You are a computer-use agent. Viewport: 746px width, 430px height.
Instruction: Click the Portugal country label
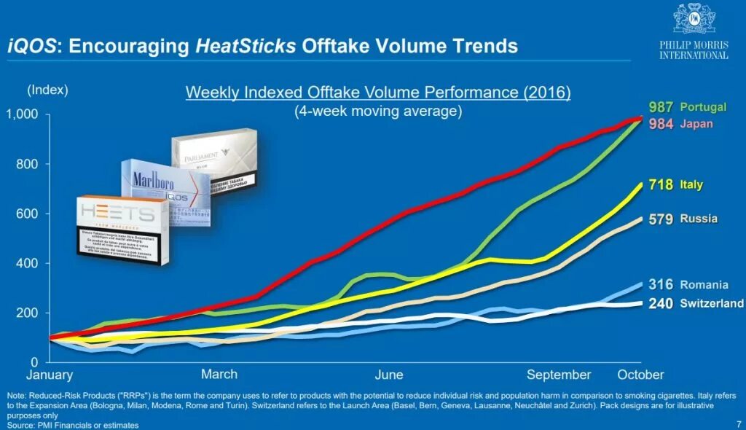(703, 106)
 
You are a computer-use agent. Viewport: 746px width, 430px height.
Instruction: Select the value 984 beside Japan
(661, 124)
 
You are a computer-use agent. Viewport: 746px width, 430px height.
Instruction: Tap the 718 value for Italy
(661, 185)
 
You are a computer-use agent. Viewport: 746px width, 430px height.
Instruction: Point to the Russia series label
(699, 219)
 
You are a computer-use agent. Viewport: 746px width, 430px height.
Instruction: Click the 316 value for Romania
(661, 285)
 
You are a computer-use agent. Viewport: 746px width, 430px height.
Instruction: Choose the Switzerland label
(712, 303)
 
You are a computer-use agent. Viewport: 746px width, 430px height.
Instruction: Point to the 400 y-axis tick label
(27, 263)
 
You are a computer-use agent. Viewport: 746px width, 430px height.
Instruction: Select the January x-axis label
(50, 375)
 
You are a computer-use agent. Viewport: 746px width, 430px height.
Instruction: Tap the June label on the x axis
(389, 375)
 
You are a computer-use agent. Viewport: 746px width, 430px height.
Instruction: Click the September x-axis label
(559, 375)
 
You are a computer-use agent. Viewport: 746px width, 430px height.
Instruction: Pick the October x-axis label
(640, 375)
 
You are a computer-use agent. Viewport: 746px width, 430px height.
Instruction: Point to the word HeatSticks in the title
(246, 46)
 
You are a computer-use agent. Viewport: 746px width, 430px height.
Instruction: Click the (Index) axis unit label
(47, 90)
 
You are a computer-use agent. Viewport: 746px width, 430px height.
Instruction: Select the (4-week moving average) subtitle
(378, 112)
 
